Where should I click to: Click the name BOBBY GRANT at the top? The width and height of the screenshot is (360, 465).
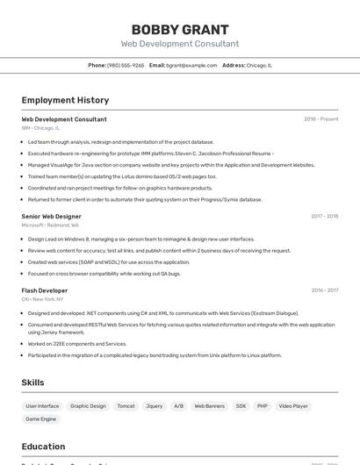180,30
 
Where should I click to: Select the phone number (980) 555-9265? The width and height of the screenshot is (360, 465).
126,66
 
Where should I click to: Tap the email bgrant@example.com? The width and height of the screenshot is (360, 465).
191,66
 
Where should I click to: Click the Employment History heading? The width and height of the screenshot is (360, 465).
65,100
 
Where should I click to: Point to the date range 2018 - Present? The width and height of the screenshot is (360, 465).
320,119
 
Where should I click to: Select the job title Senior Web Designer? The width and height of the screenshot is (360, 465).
52,216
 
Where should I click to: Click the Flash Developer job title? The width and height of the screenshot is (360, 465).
45,290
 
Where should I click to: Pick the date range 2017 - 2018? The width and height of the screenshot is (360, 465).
324,216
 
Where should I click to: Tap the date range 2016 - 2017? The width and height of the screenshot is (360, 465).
324,290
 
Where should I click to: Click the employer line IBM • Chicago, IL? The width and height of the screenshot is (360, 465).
40,128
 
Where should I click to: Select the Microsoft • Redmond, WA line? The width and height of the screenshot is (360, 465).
50,225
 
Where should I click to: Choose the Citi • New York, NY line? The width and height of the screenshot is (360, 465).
45,299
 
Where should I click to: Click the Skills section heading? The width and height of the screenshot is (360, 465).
33,383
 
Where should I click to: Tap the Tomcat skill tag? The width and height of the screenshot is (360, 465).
126,406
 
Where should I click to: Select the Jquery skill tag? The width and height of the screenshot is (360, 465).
154,406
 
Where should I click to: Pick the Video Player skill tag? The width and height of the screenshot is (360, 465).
293,406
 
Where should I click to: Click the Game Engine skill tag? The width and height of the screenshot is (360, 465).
41,419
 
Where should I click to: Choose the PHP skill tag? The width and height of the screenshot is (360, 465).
262,406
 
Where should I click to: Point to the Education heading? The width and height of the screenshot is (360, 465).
44,447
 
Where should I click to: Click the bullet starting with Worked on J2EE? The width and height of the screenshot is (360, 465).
77,344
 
